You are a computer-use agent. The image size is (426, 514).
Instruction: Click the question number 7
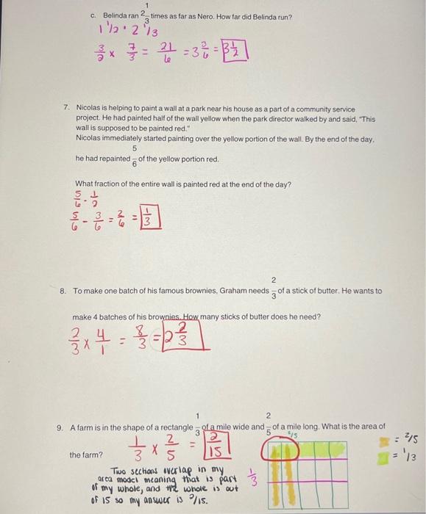tap(67, 108)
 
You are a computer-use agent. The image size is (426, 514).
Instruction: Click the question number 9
tap(60, 427)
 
